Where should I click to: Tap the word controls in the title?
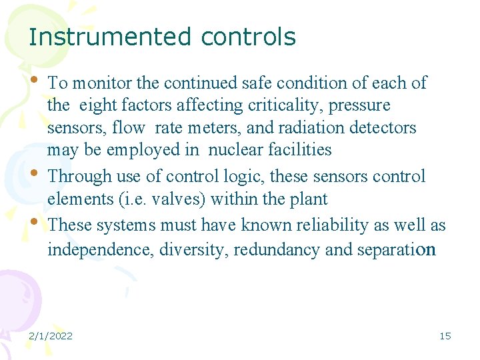248,37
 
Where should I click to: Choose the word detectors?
389,127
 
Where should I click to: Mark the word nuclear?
238,149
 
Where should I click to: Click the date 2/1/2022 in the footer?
50,336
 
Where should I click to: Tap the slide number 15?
445,336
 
